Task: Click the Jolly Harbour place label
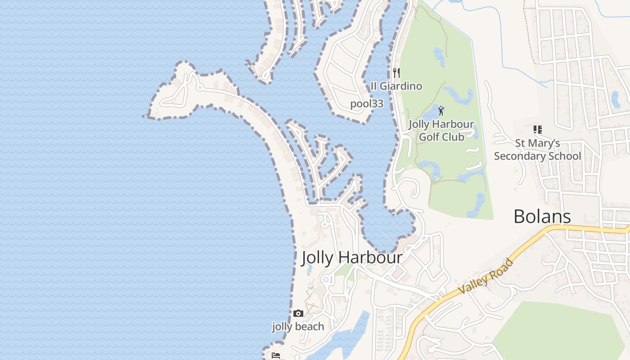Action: pos(351,258)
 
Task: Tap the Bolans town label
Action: pos(542,216)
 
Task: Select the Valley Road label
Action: pos(486,276)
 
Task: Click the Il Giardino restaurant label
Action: pos(396,86)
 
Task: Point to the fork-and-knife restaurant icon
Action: pos(396,72)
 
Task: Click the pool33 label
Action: pos(367,103)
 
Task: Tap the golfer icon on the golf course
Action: pos(441,110)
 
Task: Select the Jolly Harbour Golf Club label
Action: pos(441,130)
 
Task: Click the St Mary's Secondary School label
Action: pos(537,149)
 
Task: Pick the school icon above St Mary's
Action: pos(537,130)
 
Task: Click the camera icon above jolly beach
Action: pos(298,313)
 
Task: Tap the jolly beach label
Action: pos(298,327)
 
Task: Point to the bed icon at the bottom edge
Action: pos(276,356)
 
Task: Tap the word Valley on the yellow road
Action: pos(475,283)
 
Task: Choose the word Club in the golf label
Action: pos(454,137)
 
